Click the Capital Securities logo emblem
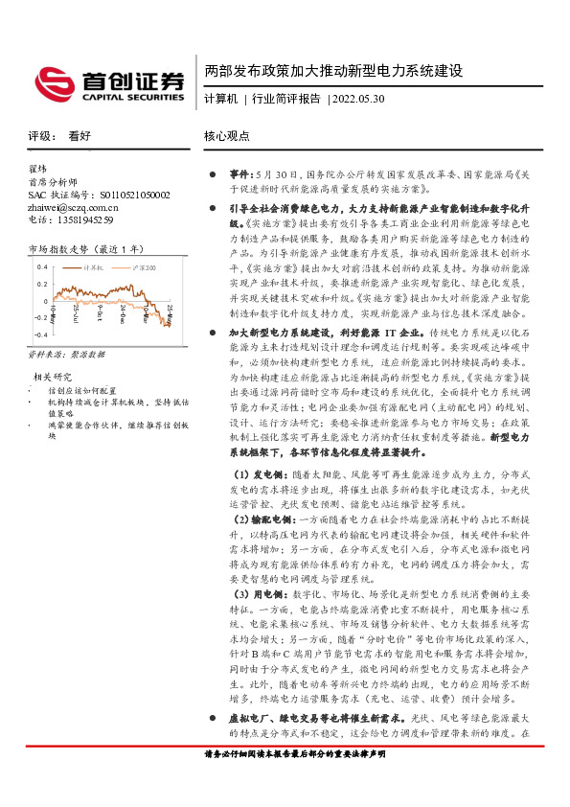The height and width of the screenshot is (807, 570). click(55, 81)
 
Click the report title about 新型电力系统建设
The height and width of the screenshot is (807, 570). click(333, 72)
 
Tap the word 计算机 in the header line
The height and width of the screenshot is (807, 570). click(220, 99)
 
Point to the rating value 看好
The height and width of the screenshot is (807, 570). click(80, 137)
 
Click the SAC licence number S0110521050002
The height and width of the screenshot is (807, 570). click(114, 195)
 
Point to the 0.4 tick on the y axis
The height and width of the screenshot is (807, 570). click(41, 268)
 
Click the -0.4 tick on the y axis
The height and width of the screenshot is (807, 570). click(40, 334)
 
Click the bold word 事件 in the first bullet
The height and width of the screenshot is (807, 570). click(239, 175)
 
